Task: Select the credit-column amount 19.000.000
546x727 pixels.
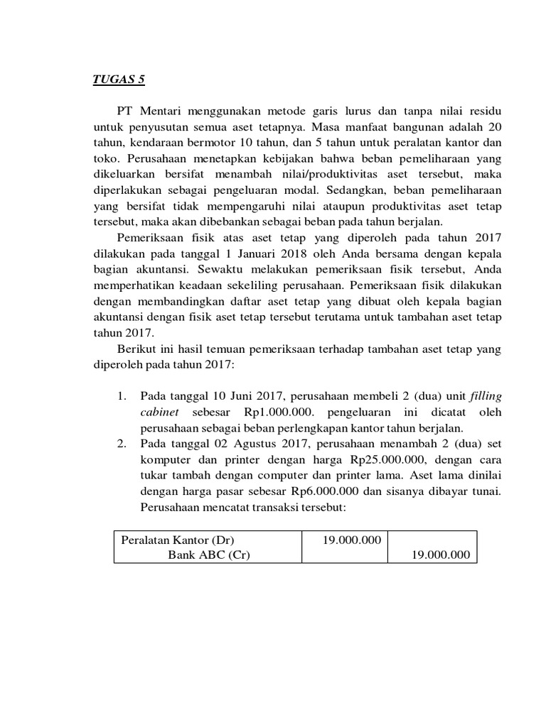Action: click(441, 555)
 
